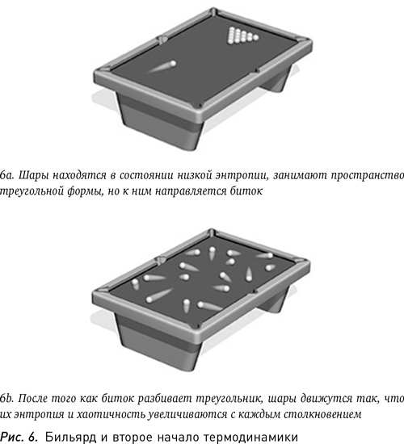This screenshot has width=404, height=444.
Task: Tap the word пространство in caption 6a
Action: click(x=367, y=174)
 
